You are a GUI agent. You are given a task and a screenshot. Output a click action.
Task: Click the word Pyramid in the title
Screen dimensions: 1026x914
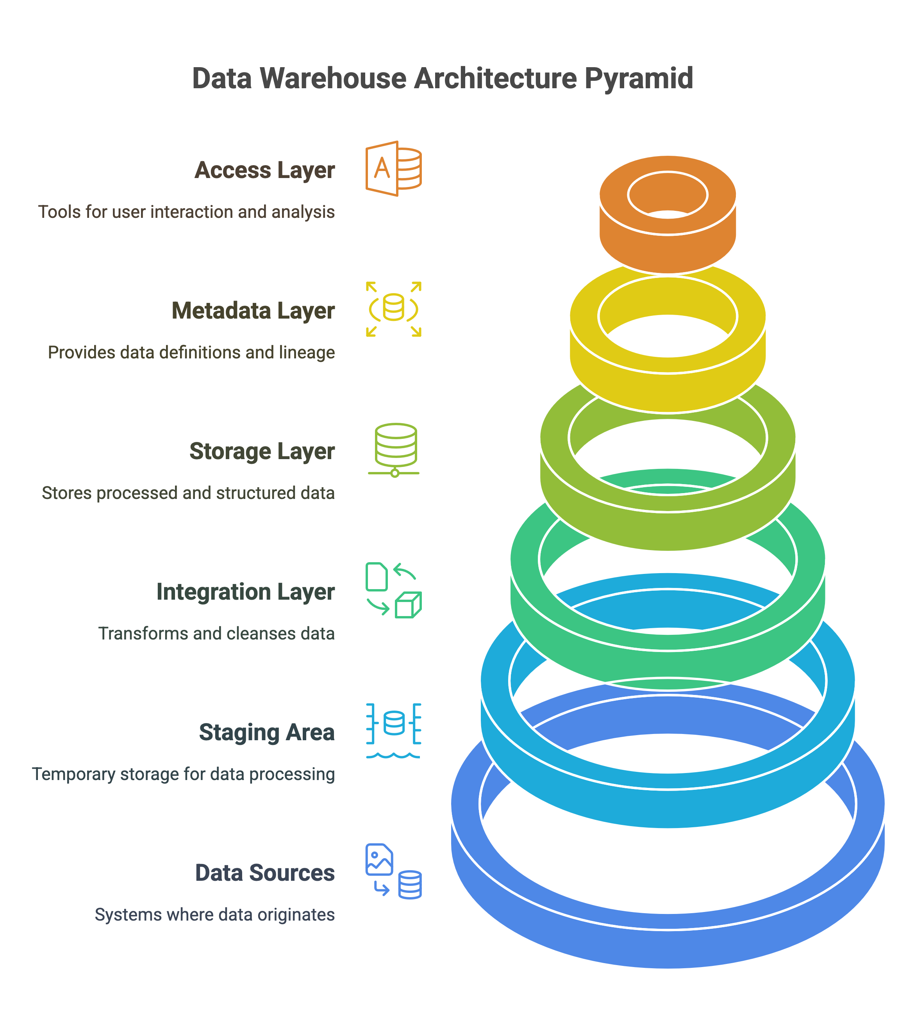638,79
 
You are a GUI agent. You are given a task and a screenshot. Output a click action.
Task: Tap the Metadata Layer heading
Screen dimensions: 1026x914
253,311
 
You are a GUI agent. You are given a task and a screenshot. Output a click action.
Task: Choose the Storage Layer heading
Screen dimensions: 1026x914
262,451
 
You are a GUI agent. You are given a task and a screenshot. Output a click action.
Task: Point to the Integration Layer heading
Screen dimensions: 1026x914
245,592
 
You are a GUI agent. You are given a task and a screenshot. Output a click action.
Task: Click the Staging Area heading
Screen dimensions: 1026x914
267,732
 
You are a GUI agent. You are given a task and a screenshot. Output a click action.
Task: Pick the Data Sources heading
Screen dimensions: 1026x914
265,873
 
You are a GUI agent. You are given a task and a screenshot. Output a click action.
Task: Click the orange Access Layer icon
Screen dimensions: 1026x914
393,169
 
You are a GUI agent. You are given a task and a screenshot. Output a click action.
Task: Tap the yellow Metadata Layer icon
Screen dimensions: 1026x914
393,309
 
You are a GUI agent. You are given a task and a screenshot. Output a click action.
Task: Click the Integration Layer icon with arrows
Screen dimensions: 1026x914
393,590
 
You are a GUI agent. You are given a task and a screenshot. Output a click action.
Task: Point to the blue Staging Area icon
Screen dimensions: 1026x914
393,731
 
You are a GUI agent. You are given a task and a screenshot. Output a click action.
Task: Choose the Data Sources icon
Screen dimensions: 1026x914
393,871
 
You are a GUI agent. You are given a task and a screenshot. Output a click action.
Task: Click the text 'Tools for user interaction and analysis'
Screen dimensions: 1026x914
186,212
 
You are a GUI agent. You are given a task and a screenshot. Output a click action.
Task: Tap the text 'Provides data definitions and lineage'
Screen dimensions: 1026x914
191,353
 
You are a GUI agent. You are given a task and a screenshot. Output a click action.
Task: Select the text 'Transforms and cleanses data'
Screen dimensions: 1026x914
216,634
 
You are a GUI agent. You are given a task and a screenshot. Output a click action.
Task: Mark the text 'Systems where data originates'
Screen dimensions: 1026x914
214,915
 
